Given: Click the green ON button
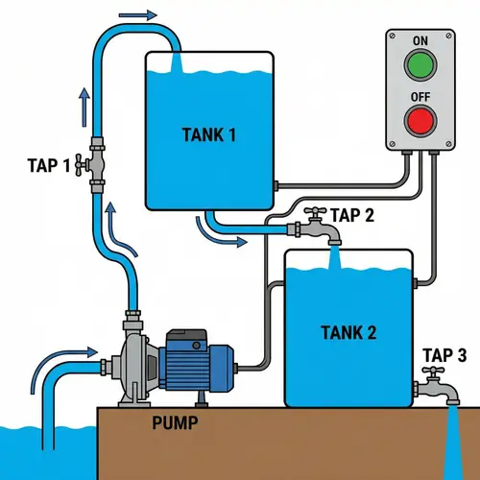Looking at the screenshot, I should pos(420,66).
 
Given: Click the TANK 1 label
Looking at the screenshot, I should pos(208,134).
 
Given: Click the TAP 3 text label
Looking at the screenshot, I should pos(444,356).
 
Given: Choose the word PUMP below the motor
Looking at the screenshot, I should pos(177,421).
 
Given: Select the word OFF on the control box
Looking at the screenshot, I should pos(420,96).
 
